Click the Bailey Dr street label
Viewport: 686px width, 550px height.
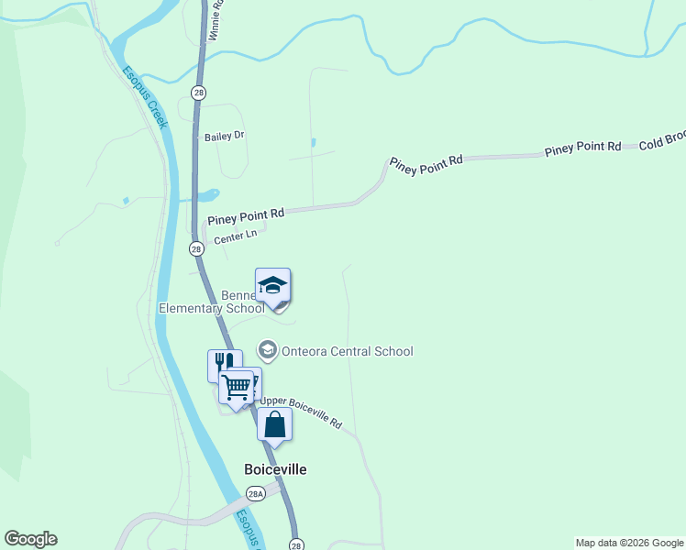225,136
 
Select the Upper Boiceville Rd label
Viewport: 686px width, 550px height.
301,413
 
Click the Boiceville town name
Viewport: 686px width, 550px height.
275,469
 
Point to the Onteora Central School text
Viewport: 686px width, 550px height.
348,351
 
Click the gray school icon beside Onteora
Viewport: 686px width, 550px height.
268,349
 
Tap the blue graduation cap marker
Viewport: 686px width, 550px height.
272,285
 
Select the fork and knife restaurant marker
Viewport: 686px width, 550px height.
225,364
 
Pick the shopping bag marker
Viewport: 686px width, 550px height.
274,424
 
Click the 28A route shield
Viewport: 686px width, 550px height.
256,493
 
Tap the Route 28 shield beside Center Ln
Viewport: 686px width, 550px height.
196,248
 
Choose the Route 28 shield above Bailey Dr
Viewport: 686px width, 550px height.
198,93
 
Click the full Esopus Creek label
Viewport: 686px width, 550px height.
146,96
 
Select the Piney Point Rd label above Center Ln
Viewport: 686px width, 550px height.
246,216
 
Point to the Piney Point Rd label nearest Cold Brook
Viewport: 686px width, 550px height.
583,148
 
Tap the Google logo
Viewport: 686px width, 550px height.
30,539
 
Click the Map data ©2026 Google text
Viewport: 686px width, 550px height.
628,543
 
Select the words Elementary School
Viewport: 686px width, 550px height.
211,309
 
